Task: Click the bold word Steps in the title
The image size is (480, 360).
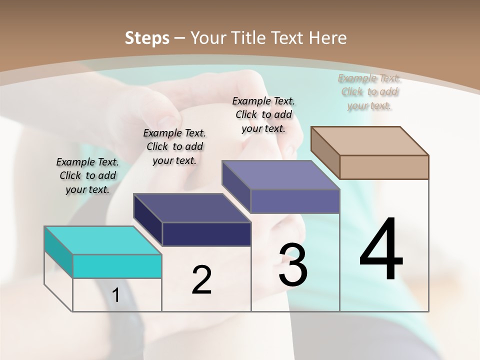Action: (147, 38)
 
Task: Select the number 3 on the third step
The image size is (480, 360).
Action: (293, 265)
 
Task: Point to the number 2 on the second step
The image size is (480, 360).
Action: (201, 280)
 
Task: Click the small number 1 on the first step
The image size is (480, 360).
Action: (115, 295)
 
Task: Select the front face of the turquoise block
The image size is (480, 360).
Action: (117, 266)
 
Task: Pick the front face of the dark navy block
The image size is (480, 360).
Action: (206, 234)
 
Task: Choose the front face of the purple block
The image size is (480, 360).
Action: (295, 201)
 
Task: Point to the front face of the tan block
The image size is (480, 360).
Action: (384, 167)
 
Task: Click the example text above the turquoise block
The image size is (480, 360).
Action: (87, 175)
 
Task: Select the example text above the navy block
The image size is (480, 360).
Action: (174, 146)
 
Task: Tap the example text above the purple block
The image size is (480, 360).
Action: (263, 114)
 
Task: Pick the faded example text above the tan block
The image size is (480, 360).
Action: (369, 91)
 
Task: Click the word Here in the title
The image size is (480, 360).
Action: (329, 38)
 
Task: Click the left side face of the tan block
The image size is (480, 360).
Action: (325, 152)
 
